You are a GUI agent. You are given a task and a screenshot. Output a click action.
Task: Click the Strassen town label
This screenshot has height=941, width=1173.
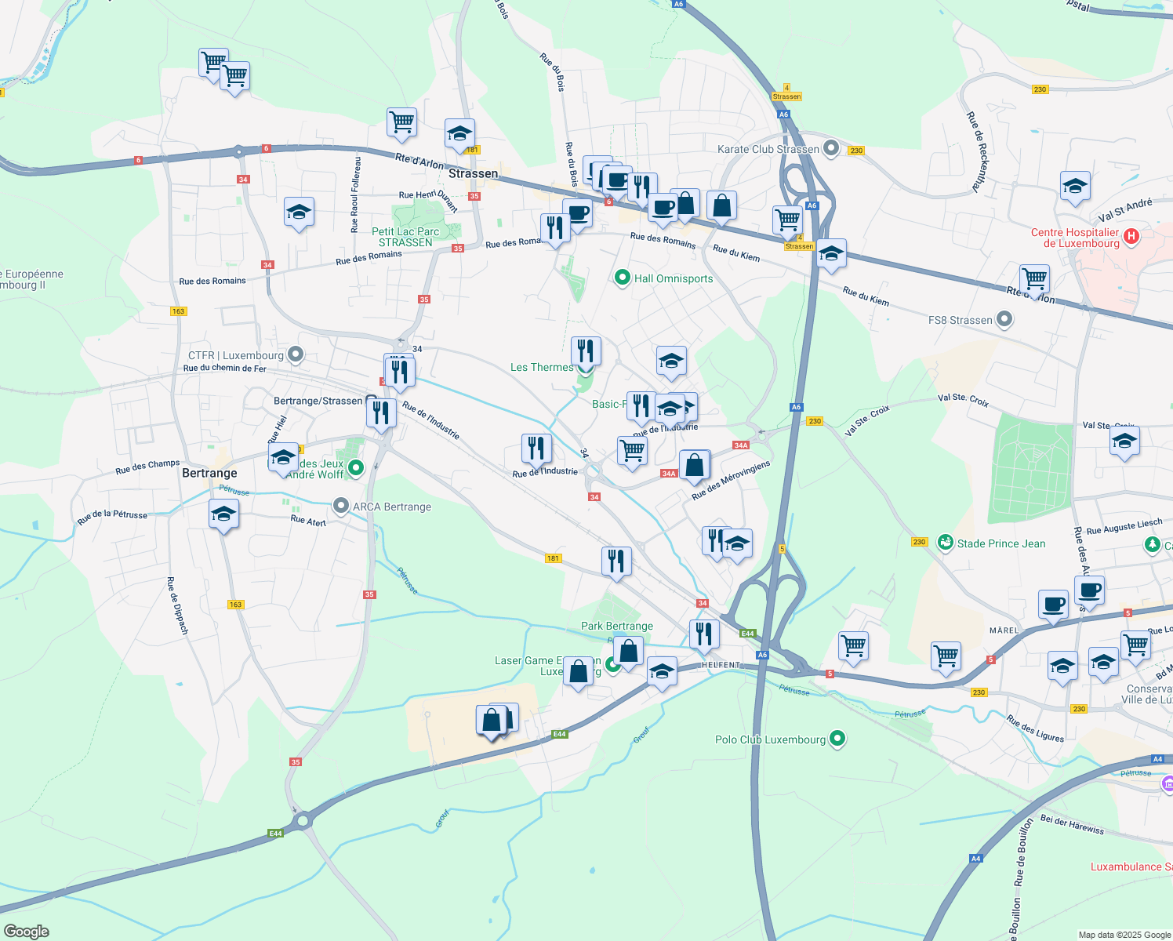pyautogui.click(x=473, y=173)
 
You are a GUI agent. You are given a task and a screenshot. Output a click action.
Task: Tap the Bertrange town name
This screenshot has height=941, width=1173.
pyautogui.click(x=209, y=473)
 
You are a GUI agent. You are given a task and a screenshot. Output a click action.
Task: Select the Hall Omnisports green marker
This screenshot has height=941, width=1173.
pyautogui.click(x=623, y=278)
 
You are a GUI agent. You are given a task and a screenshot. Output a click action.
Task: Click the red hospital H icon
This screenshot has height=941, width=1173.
pyautogui.click(x=1131, y=236)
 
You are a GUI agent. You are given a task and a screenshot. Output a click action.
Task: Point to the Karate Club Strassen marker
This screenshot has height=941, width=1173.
pyautogui.click(x=832, y=148)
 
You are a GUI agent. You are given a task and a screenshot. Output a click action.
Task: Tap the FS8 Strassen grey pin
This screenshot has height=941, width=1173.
pyautogui.click(x=1004, y=319)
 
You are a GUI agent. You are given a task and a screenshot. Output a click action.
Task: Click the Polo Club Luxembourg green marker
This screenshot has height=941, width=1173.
pyautogui.click(x=837, y=739)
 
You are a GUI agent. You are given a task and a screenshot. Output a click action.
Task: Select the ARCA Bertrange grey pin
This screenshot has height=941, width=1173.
pyautogui.click(x=341, y=506)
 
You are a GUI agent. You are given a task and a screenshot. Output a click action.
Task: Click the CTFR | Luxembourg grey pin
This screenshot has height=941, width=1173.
pyautogui.click(x=296, y=355)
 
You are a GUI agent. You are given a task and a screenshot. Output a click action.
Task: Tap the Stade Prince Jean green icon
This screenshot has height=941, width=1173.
pyautogui.click(x=946, y=543)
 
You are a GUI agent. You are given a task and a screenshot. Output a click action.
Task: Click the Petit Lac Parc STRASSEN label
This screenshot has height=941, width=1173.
pyautogui.click(x=405, y=237)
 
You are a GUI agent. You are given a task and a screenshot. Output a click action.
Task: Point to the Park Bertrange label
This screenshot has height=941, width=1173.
pyautogui.click(x=617, y=626)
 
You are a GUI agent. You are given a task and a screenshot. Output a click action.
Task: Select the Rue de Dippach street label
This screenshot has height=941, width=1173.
pyautogui.click(x=177, y=605)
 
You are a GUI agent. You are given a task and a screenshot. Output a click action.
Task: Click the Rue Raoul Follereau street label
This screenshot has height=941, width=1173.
pyautogui.click(x=355, y=194)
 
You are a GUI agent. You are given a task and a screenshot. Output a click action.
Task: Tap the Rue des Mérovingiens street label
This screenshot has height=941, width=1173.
pyautogui.click(x=731, y=480)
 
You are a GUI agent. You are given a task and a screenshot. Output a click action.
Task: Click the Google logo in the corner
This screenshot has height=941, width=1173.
pyautogui.click(x=27, y=932)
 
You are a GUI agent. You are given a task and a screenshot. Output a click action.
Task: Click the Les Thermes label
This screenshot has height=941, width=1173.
pyautogui.click(x=542, y=367)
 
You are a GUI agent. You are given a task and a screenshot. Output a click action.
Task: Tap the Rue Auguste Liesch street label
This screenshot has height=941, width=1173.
pyautogui.click(x=1124, y=526)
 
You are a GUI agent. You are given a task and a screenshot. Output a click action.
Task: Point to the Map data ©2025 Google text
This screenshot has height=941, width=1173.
pyautogui.click(x=1124, y=935)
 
